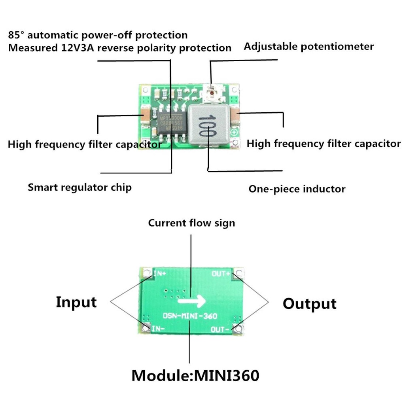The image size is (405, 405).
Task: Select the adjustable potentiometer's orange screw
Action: coord(212,93)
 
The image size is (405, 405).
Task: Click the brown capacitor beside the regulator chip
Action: coord(145,115)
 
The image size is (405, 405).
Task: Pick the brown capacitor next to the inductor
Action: coord(235,116)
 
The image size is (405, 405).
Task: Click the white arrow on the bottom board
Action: coord(191,302)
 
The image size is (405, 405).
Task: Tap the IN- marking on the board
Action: coord(159,328)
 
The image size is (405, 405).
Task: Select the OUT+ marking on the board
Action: coord(221,274)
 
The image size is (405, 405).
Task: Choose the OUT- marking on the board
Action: coord(220,329)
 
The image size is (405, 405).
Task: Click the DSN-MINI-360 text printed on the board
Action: coord(190,316)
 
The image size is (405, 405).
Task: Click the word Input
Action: coord(76,302)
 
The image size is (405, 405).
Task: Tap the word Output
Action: coord(309,304)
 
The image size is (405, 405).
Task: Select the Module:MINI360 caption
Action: coord(195,375)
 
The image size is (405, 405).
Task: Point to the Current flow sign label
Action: coord(191,223)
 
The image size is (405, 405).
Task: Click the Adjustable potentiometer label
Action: coord(308,47)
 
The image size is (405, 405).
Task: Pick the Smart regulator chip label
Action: coord(79,187)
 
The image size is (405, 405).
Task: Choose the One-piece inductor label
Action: coord(297,189)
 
